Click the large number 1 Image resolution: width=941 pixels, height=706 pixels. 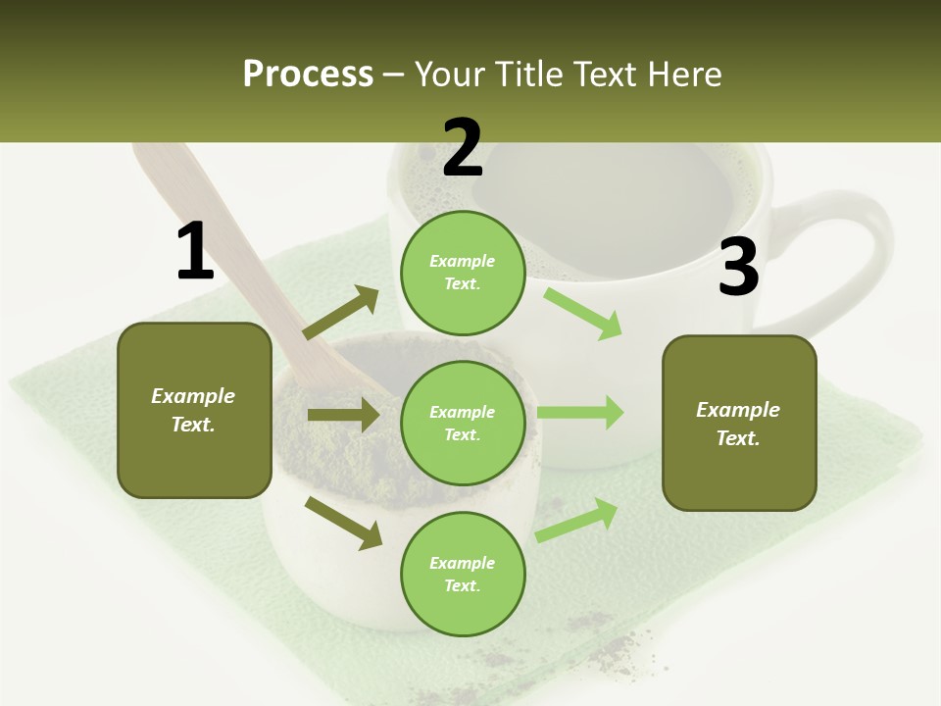tap(195, 251)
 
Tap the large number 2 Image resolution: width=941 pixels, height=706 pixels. tap(463, 148)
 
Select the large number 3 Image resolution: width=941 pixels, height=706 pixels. tap(738, 267)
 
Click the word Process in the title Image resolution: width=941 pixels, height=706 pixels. tap(308, 74)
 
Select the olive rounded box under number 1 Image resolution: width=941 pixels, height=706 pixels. tap(194, 410)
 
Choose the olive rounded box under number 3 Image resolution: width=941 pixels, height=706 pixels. tap(739, 423)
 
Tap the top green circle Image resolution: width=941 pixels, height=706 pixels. tap(463, 273)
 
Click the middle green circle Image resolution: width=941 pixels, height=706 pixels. tap(463, 423)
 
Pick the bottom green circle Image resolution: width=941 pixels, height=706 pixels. tap(463, 574)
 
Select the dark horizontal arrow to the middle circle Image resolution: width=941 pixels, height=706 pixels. tap(343, 415)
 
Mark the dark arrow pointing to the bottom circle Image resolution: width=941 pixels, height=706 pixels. tap(344, 523)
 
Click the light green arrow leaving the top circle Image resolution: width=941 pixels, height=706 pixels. tap(583, 313)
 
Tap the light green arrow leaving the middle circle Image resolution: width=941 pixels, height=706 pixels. tap(580, 412)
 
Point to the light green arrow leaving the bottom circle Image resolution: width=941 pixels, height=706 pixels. tap(576, 520)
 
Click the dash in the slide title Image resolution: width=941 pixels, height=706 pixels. tap(394, 75)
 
